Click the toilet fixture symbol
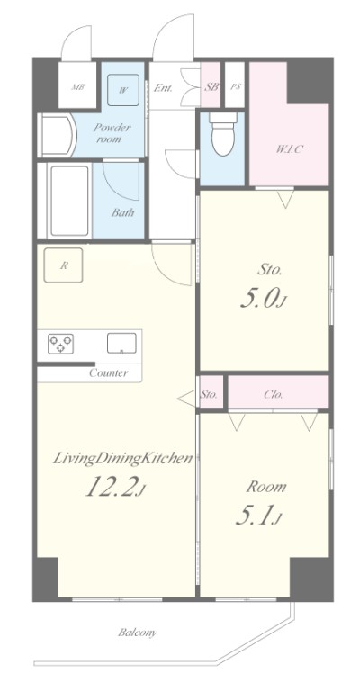tap(221, 133)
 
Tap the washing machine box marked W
tap(123, 90)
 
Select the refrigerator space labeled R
tap(64, 265)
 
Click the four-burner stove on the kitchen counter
tap(61, 344)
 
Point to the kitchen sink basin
tap(121, 344)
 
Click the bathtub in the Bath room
tap(69, 201)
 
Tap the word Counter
tap(109, 373)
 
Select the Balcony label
tap(138, 633)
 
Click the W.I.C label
tap(289, 149)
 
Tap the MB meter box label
tap(78, 86)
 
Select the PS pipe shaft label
tap(236, 86)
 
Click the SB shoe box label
tap(211, 86)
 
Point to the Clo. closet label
tap(274, 394)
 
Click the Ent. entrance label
tap(163, 87)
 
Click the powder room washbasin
tap(58, 135)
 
